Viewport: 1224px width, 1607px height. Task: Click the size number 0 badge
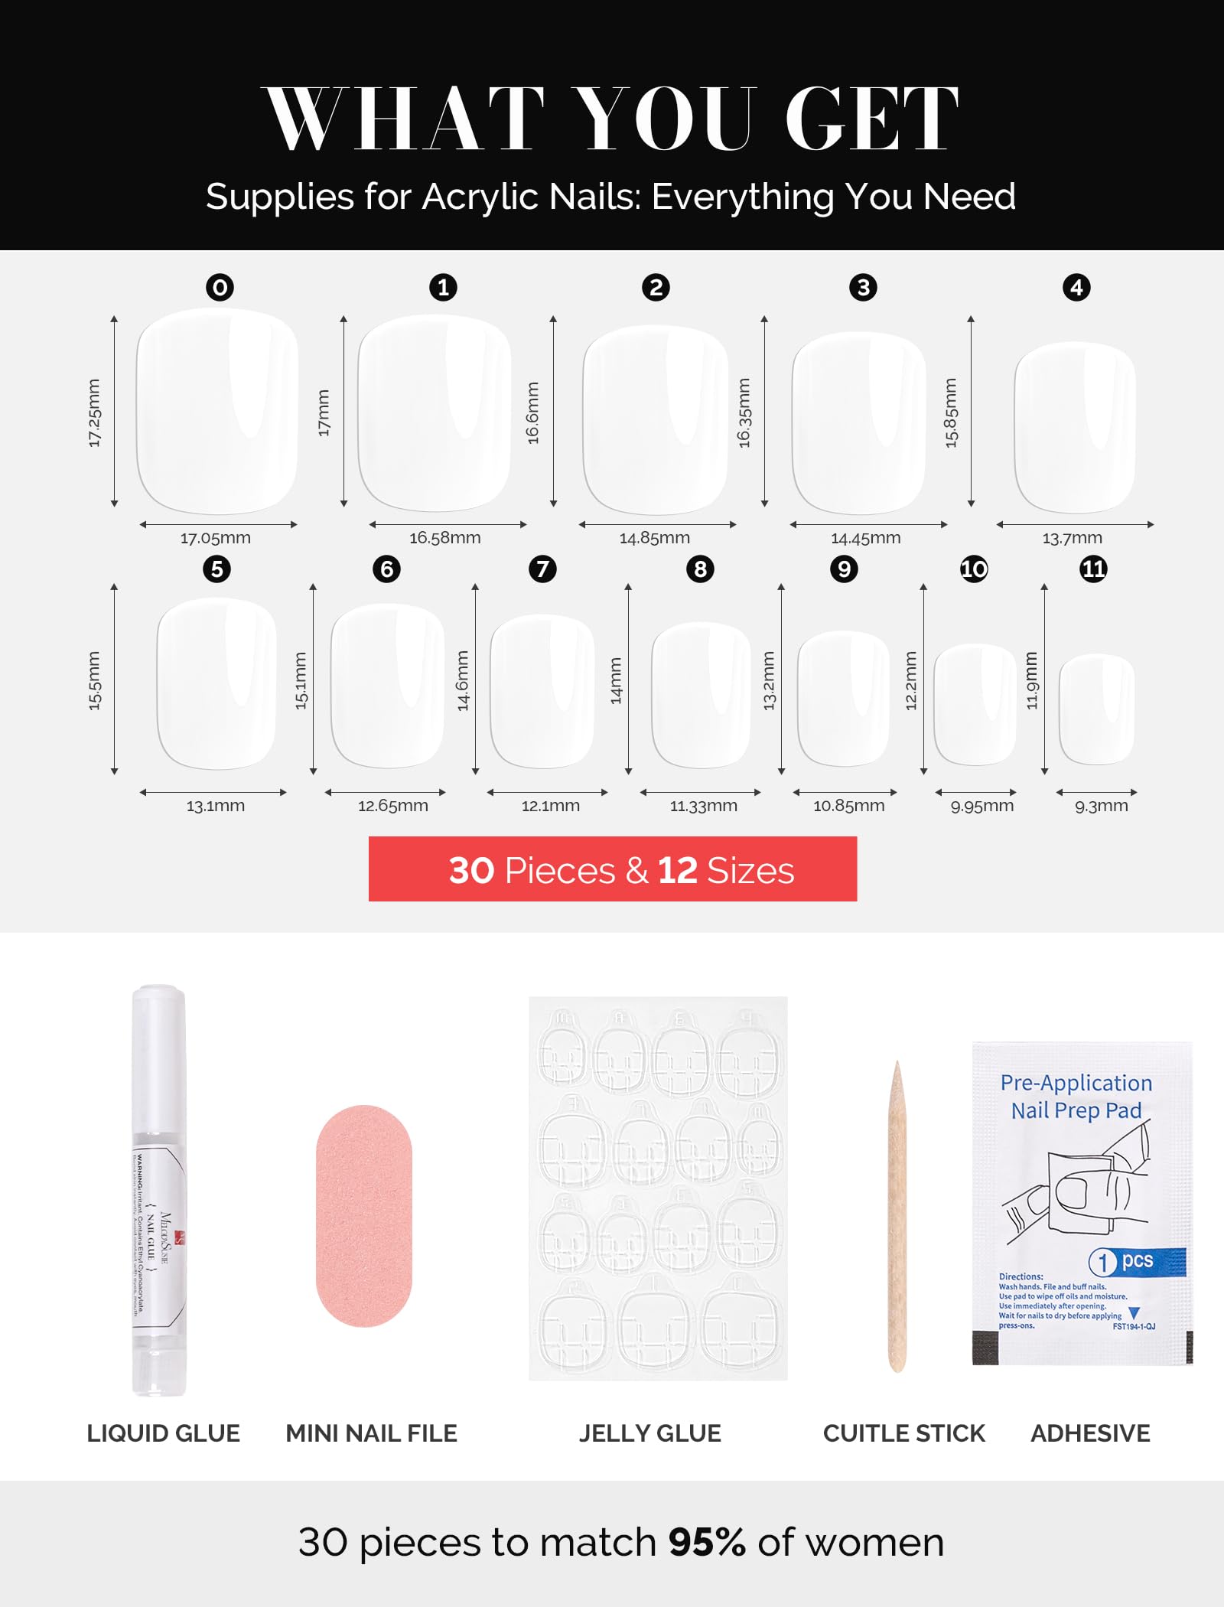click(220, 288)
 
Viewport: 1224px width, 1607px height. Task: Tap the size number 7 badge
click(542, 569)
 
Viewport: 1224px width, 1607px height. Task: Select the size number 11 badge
click(1093, 569)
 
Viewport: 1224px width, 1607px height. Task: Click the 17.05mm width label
click(216, 538)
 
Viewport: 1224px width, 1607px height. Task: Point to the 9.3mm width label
click(1102, 806)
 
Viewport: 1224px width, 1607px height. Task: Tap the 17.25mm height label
click(94, 413)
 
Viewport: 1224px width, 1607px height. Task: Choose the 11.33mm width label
click(704, 806)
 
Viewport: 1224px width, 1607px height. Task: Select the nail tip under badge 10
click(975, 704)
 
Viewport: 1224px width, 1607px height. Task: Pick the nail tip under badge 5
click(216, 683)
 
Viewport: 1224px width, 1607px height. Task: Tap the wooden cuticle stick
click(897, 1217)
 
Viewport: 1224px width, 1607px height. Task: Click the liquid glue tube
click(159, 1190)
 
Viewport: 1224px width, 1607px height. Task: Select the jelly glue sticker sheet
click(658, 1188)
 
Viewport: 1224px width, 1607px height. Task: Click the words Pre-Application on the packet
click(1076, 1083)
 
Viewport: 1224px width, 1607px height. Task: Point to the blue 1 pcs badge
click(1137, 1261)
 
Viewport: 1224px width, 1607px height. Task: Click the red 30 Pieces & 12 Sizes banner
click(613, 869)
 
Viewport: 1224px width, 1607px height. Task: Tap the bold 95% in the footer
click(707, 1542)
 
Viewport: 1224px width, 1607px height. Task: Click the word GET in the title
click(872, 119)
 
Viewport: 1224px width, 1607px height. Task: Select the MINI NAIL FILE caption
click(372, 1433)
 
